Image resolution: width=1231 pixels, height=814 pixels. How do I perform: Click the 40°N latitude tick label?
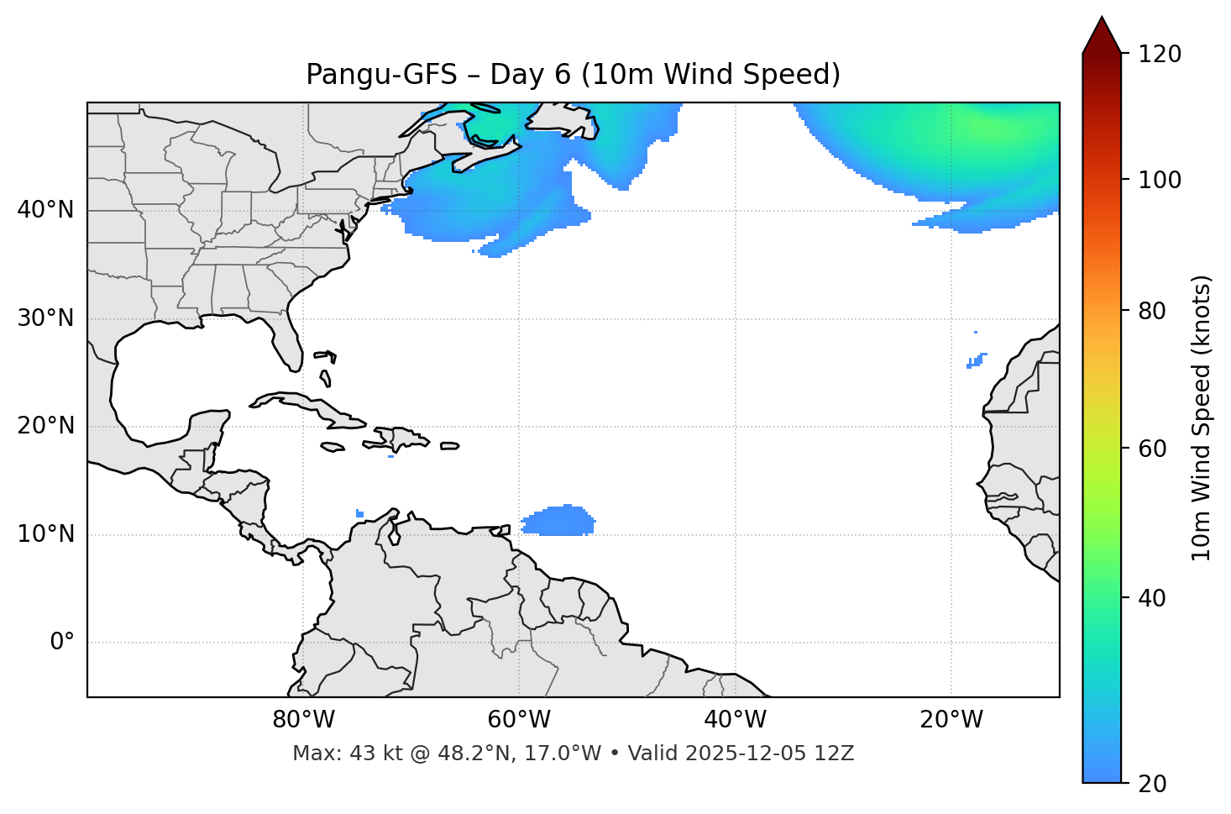click(x=45, y=210)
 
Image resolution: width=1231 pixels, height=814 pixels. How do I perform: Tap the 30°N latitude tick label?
click(x=45, y=318)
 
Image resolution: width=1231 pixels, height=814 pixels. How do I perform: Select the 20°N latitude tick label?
click(x=45, y=426)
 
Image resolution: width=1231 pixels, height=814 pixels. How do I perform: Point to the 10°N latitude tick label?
click(x=45, y=534)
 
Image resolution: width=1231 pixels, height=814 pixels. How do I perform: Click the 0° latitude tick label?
click(x=62, y=643)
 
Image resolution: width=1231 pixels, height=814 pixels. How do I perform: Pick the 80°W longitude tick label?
click(x=303, y=720)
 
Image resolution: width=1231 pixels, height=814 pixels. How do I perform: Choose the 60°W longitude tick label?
click(x=519, y=720)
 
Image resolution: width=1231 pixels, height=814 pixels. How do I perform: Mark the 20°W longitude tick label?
click(x=951, y=720)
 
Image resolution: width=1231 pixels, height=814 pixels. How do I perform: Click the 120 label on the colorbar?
click(x=1160, y=55)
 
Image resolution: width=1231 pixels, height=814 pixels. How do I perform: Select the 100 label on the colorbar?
click(x=1160, y=180)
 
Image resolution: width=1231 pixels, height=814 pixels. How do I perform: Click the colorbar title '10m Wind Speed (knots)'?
click(x=1202, y=418)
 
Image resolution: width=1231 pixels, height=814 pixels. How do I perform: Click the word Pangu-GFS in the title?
click(x=380, y=75)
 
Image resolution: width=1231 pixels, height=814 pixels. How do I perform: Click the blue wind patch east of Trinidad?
click(x=558, y=522)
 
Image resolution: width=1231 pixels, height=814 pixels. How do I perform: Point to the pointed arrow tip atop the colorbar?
click(x=1102, y=20)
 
